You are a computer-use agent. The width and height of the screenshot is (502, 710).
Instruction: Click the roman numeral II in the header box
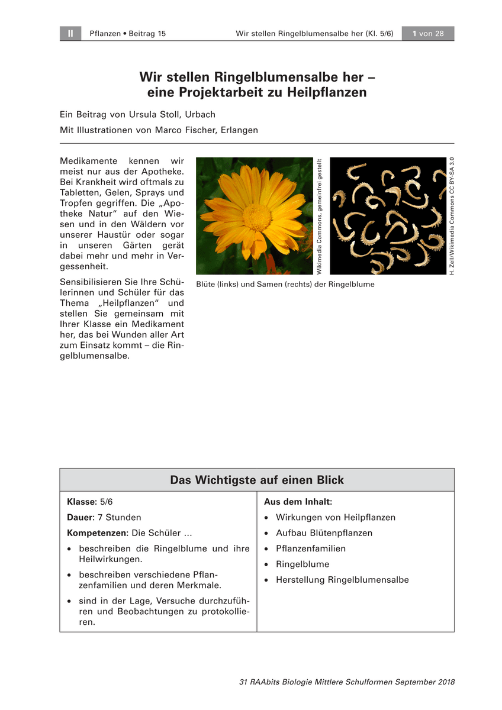point(70,34)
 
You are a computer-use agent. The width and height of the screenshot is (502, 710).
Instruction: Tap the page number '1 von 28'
point(428,34)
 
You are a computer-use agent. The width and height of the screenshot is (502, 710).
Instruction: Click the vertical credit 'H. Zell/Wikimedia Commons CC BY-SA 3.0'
point(452,216)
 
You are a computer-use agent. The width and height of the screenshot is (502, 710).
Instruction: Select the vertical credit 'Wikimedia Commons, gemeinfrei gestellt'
point(319,216)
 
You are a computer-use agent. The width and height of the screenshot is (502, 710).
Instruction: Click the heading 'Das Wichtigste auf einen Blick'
point(257,480)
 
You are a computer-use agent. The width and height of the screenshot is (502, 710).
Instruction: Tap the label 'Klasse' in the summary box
point(81,502)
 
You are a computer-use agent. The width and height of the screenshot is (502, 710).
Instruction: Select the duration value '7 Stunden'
point(120,517)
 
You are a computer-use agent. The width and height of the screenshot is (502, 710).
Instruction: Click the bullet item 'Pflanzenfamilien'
point(311,548)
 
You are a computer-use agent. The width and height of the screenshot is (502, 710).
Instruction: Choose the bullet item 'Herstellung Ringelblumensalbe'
point(342,580)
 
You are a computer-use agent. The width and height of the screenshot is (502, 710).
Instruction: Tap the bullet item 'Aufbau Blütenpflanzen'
point(324,533)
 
